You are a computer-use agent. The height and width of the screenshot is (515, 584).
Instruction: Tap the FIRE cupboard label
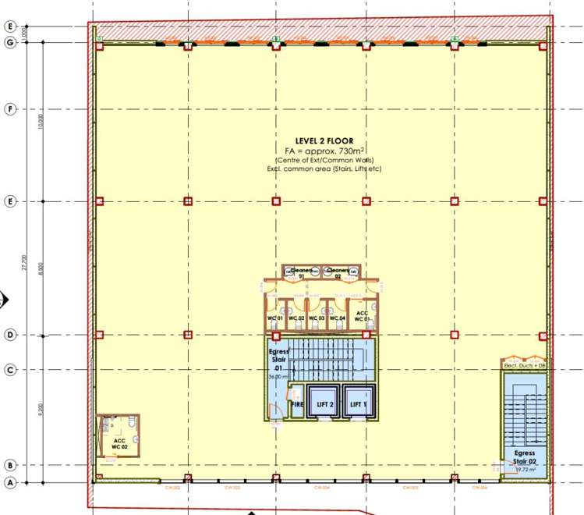click(x=296, y=405)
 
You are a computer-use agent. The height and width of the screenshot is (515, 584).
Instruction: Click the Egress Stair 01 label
click(x=279, y=360)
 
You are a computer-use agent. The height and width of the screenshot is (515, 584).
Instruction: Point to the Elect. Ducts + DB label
click(x=523, y=365)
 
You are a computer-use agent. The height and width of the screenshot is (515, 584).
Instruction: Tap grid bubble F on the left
click(x=10, y=109)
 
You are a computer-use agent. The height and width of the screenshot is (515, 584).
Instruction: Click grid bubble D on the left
click(x=10, y=335)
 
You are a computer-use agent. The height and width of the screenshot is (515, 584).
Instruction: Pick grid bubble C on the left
click(x=10, y=370)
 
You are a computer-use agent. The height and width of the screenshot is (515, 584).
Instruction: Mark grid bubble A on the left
click(x=10, y=482)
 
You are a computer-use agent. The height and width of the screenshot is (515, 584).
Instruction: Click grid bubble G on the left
click(x=10, y=42)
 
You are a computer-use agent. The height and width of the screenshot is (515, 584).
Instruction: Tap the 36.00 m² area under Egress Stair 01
click(x=278, y=377)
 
